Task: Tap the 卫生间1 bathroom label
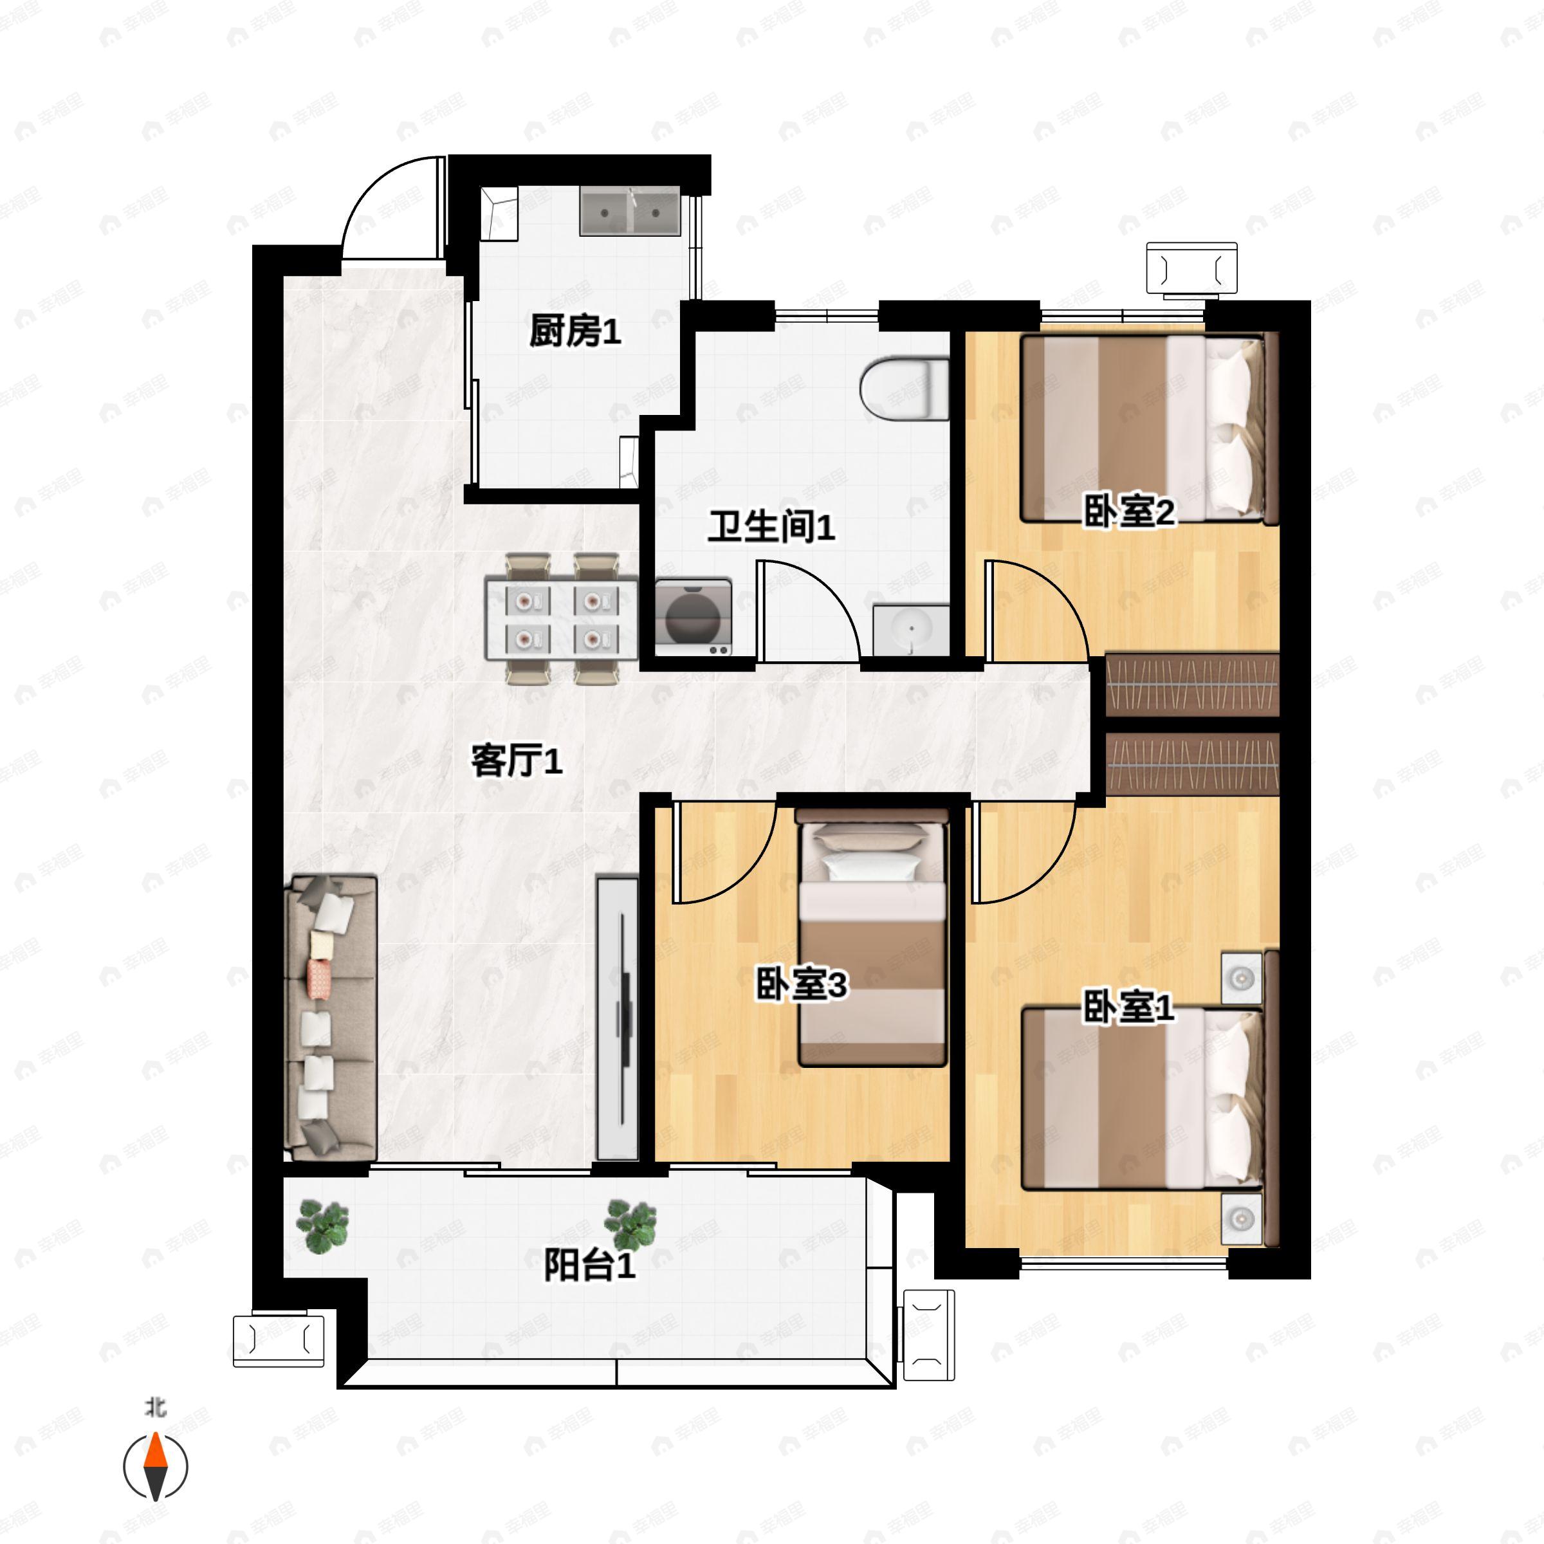771,527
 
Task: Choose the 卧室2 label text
1128,511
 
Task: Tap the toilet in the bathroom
904,391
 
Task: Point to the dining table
562,620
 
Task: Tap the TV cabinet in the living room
618,1019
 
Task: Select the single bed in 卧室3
872,937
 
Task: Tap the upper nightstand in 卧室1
1241,977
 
